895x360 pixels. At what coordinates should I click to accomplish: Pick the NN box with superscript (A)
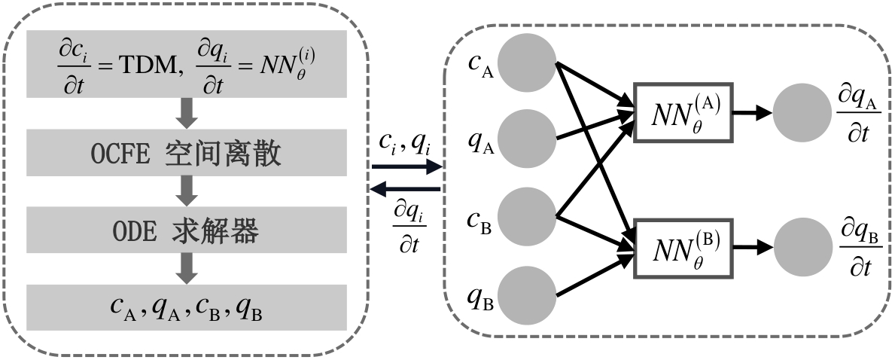[683, 111]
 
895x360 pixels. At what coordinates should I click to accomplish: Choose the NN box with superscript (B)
[683, 248]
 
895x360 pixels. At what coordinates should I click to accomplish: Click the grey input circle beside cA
[526, 63]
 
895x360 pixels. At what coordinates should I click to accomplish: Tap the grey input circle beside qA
[526, 139]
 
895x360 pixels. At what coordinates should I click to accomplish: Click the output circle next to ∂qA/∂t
[800, 113]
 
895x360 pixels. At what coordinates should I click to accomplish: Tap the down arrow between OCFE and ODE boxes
[187, 192]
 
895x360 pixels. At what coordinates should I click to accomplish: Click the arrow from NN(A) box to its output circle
[753, 113]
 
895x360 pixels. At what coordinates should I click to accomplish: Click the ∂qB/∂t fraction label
[860, 246]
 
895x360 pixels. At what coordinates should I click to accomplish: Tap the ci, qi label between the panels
[405, 142]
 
